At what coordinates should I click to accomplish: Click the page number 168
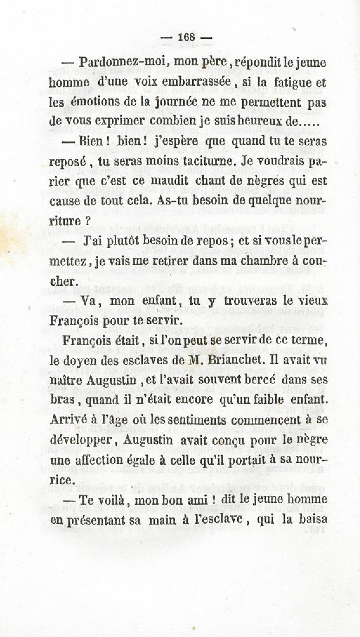pyautogui.click(x=186, y=37)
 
